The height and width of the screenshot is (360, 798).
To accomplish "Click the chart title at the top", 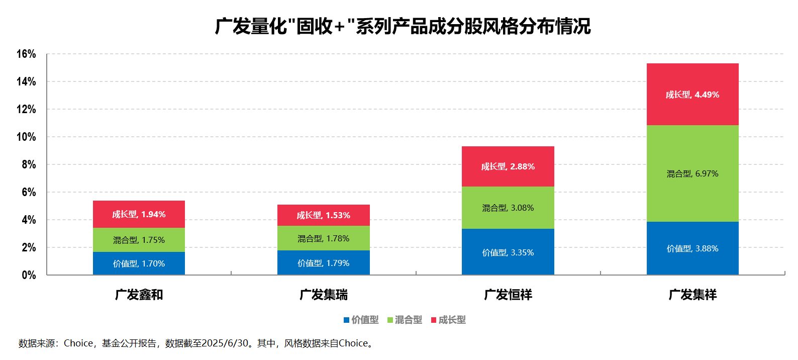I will coord(403,27).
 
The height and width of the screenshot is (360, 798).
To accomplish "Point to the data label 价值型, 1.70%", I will coord(139,263).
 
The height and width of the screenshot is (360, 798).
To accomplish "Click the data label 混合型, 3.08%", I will coord(508,208).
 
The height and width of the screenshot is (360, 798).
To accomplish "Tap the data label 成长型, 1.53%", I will coord(323,215).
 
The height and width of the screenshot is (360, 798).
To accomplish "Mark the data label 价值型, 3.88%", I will coord(692,248).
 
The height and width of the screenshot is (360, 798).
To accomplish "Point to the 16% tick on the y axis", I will coord(26,54).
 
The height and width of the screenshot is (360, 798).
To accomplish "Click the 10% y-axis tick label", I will coord(26,137).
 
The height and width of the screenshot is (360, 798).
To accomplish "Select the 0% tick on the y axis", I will coord(29,275).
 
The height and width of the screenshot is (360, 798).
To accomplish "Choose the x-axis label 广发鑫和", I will coord(139,295).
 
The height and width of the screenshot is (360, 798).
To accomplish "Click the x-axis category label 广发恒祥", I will coord(508,295).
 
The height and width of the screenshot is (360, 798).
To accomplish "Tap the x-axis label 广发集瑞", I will coord(323,295).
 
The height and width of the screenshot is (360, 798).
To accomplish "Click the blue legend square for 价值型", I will coord(346,320).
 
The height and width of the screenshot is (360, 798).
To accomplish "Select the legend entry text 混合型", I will coord(409,320).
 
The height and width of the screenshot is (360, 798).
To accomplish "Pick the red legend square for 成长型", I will coord(434,320).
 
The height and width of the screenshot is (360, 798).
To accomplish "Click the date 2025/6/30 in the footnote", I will coord(225,343).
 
